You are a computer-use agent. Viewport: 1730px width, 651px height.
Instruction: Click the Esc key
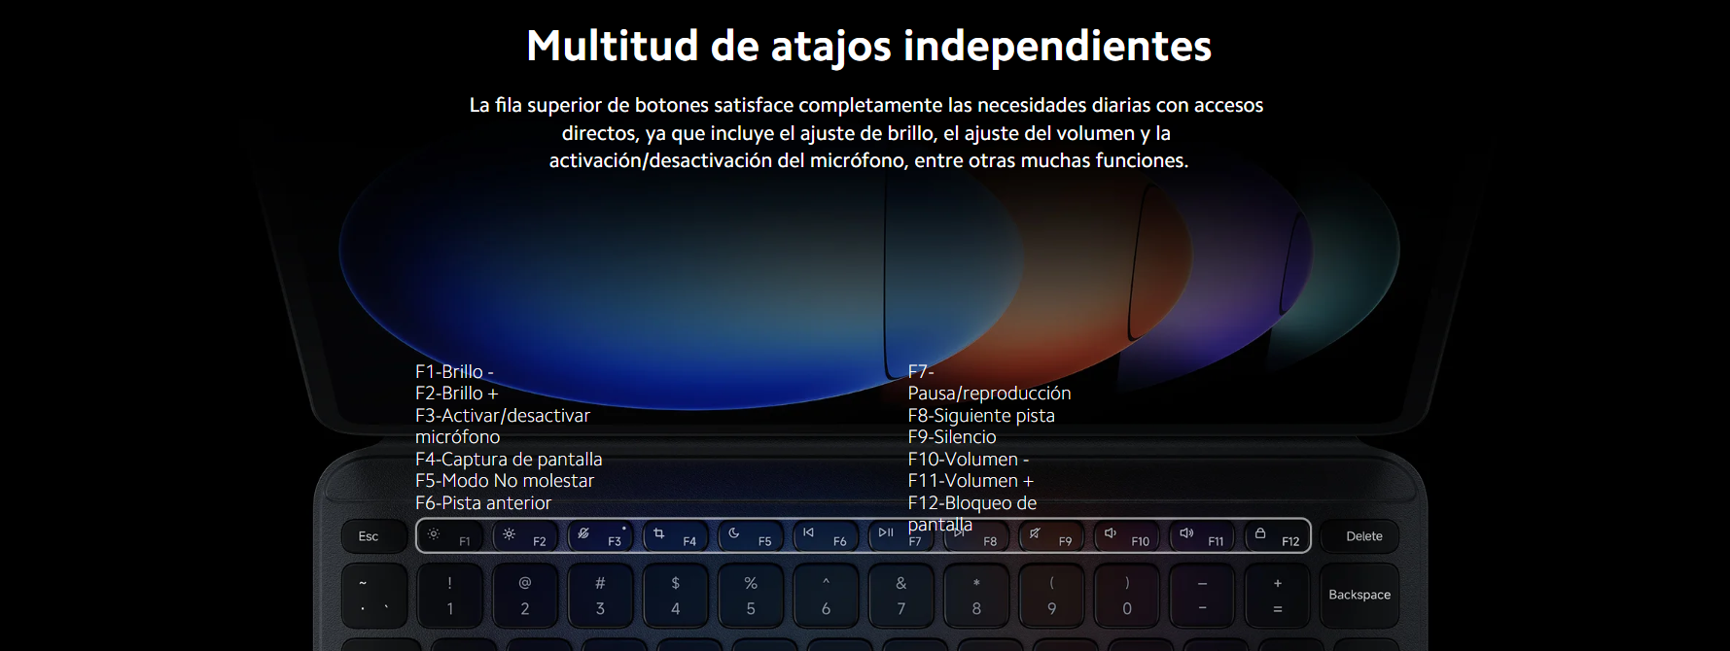pos(369,536)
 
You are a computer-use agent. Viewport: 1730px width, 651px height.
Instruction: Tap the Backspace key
pos(1359,595)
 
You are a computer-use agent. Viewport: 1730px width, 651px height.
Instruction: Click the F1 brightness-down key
pos(450,536)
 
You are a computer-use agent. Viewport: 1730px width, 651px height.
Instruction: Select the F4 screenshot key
pos(676,536)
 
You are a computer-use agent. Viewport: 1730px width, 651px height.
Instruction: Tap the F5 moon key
pos(751,536)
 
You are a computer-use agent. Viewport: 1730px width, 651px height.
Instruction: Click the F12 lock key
pos(1277,536)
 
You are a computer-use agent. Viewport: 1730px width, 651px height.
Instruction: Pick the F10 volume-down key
pos(1126,536)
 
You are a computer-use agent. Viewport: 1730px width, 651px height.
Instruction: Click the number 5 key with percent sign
pos(751,595)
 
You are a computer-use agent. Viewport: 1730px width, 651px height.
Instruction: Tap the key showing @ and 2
pos(525,595)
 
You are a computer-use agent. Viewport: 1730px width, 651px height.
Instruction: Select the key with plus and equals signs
pos(1277,595)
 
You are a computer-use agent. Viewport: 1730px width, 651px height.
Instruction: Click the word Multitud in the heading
pos(613,46)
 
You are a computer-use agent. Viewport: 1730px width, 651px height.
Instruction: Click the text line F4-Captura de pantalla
pos(509,459)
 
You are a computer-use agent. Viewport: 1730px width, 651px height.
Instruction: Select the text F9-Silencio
pos(952,437)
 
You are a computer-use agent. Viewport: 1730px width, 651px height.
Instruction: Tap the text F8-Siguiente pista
pos(981,415)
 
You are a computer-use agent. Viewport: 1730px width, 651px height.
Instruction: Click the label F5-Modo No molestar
pos(505,481)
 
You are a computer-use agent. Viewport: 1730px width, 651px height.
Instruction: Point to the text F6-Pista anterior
pos(483,502)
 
